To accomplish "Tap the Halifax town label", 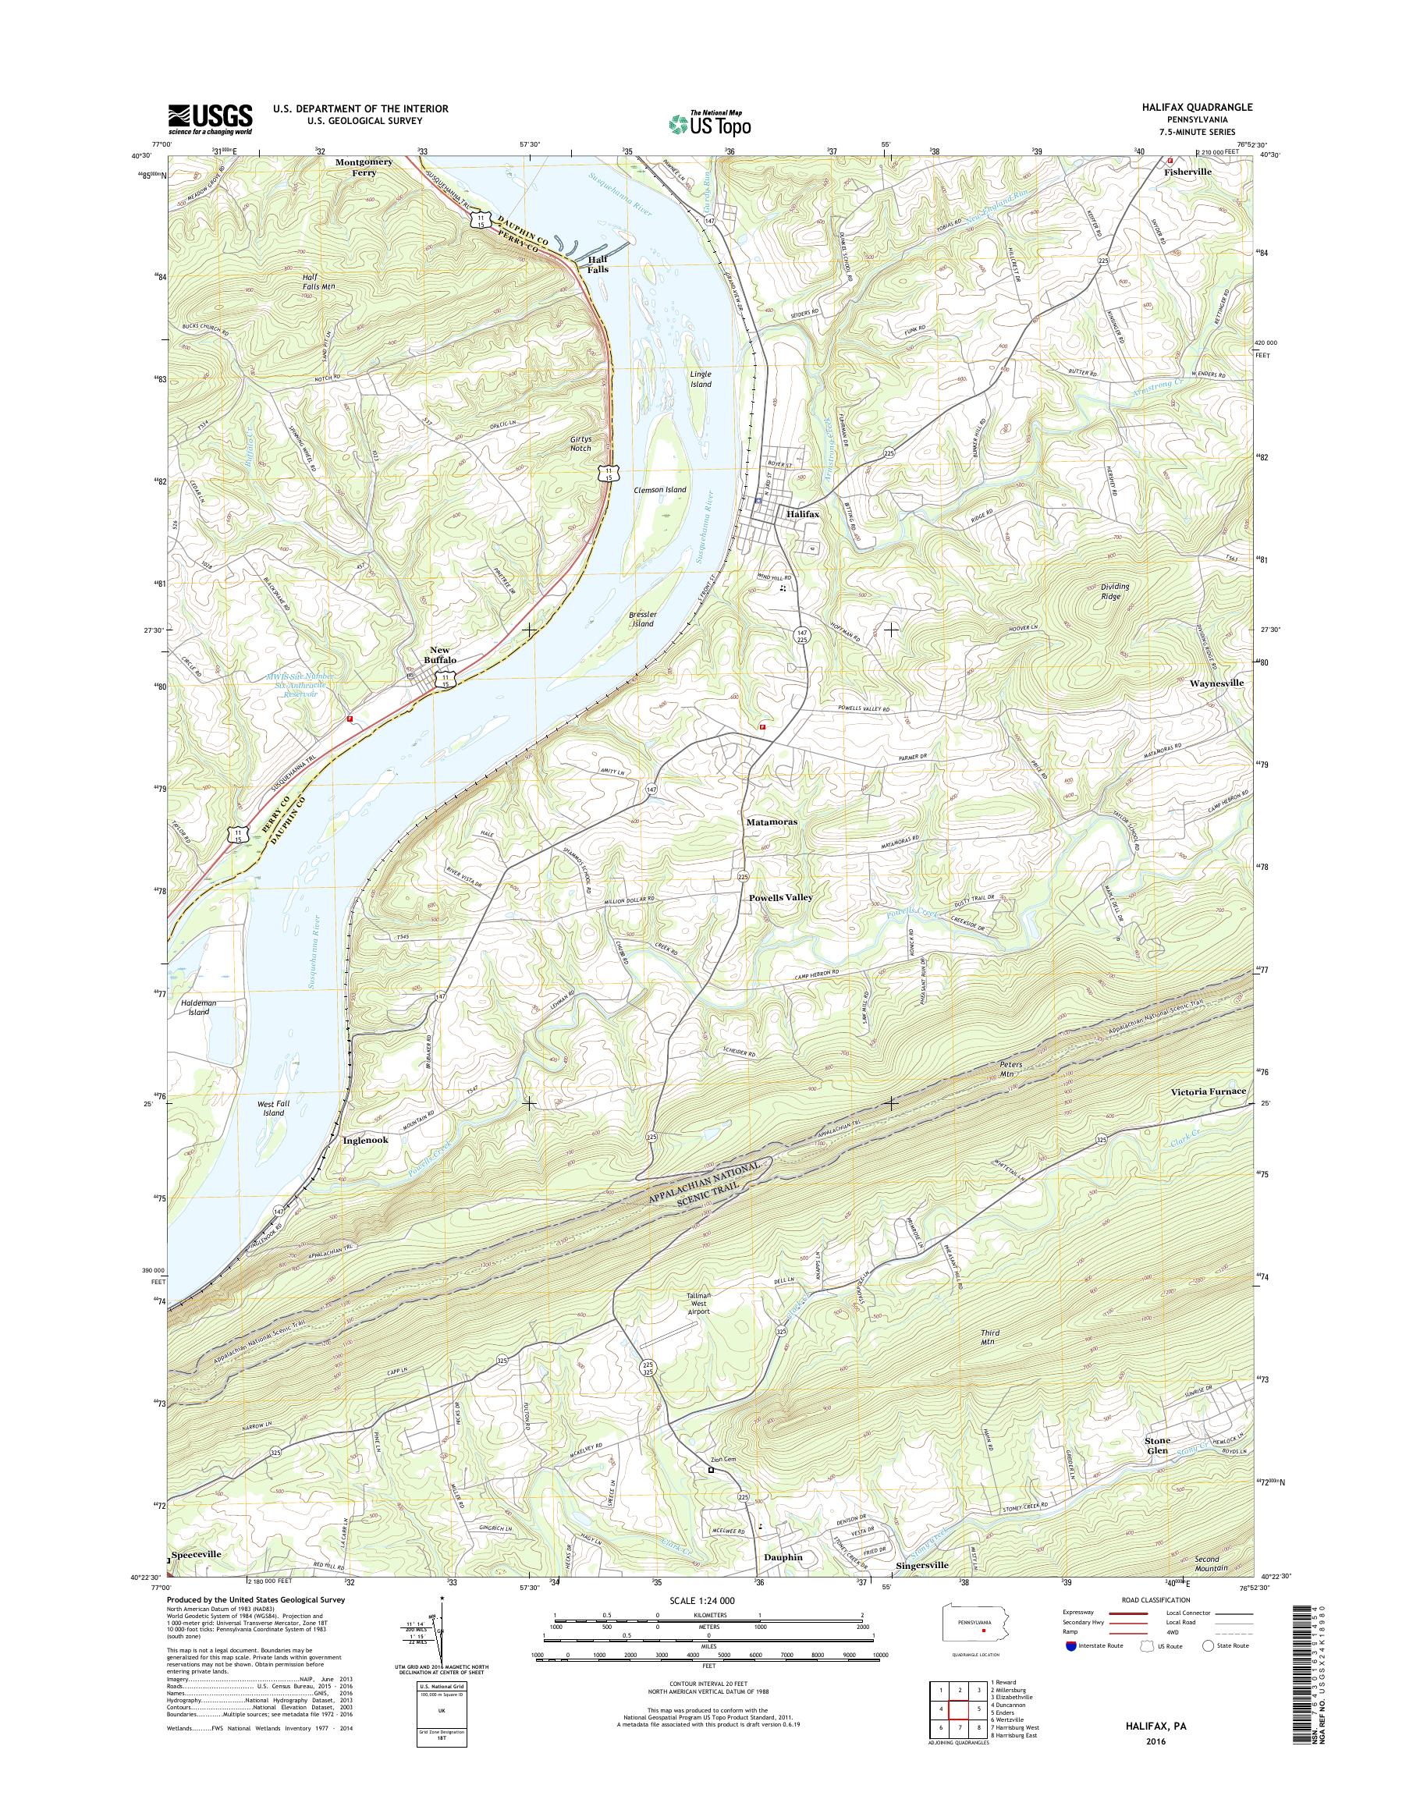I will [x=803, y=515].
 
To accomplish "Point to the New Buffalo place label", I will [x=441, y=655].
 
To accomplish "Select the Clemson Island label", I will [x=659, y=490].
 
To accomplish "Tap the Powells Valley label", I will [x=780, y=898].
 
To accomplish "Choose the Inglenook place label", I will [x=365, y=1141].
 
